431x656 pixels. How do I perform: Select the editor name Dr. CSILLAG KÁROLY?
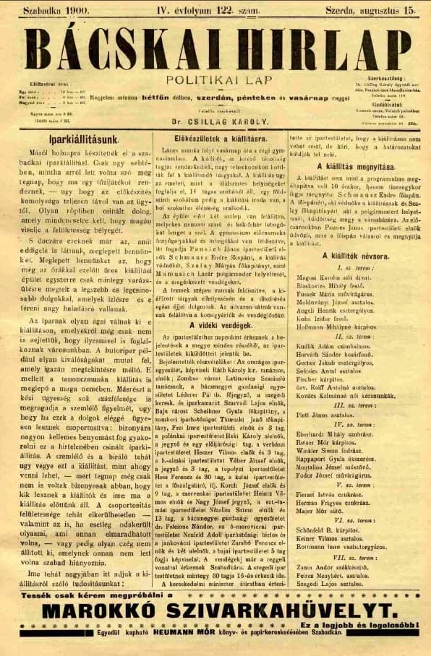215,123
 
